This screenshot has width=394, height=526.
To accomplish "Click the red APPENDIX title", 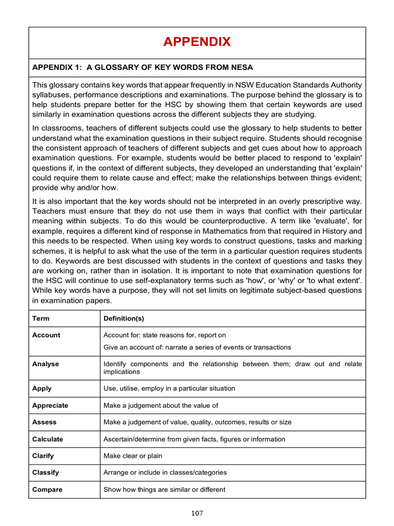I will coord(197,42).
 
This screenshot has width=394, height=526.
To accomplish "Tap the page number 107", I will coord(197,513).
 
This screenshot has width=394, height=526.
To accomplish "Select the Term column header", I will coord(41,318).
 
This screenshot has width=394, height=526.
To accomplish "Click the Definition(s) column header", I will coord(124,318).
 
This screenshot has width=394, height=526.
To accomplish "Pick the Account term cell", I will coord(46,335).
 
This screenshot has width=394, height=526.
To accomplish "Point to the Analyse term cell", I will coord(45,364).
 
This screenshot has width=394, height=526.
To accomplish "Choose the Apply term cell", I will coord(42,388).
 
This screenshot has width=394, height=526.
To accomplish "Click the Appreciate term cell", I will coord(50,405).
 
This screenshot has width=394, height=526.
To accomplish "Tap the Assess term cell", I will coord(44,422).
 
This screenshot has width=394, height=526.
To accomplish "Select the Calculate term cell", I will coord(48,439).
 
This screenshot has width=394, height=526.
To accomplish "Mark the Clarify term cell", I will coord(43,456).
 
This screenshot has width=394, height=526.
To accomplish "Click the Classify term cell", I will coord(45,472).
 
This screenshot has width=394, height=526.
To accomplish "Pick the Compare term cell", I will coord(47,490).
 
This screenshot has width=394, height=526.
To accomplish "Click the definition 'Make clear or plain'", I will coord(133,456).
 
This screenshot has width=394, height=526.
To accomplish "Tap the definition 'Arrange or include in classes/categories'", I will coord(165,472).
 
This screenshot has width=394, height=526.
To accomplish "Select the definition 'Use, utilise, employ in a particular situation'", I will coord(169,388).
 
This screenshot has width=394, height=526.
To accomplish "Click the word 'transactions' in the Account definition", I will coord(271,347).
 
